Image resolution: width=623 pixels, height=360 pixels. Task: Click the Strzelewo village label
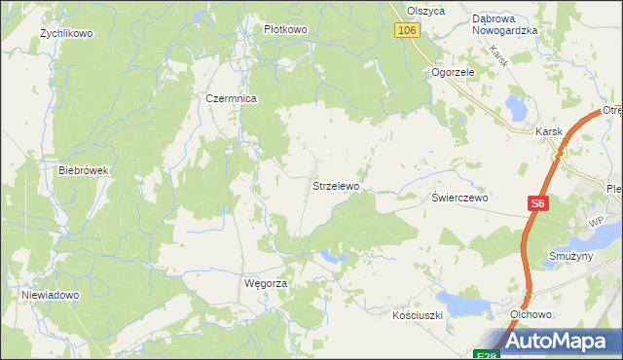336,185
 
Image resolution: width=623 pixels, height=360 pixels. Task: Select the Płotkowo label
285,29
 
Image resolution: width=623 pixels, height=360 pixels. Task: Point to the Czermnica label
231,98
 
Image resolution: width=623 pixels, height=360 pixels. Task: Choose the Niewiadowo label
50,294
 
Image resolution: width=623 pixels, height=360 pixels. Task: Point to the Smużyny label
570,256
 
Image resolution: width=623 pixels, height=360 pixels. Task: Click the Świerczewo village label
460,197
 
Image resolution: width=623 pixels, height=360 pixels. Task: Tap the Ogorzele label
453,72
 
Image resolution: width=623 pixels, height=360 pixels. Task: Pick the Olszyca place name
426,10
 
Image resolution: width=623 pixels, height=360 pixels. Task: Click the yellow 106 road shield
408,31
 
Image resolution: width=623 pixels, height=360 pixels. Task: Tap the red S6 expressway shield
539,203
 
